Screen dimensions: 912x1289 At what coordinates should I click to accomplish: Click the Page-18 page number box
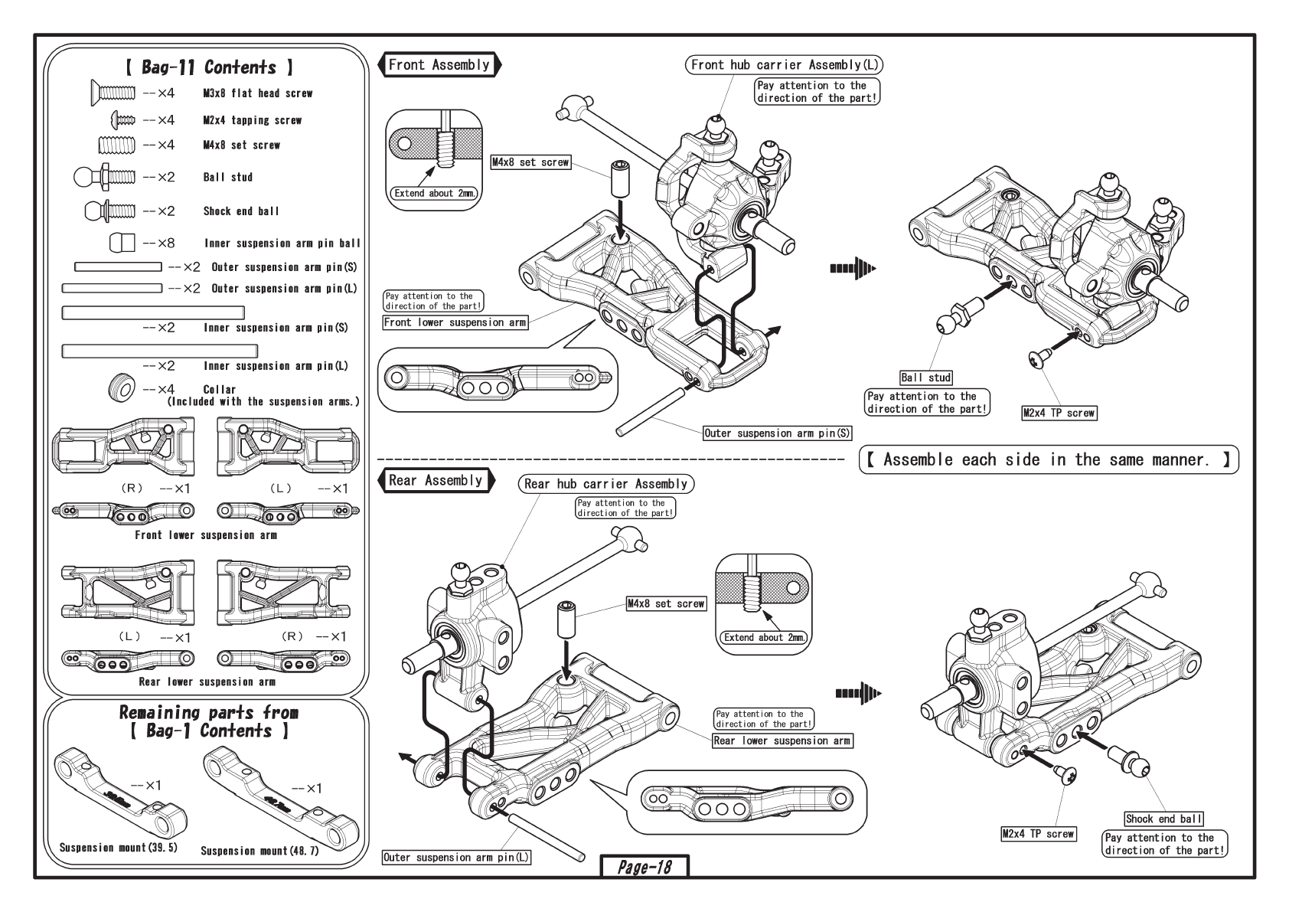[644, 867]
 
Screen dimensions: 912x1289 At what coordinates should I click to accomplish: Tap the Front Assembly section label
[439, 65]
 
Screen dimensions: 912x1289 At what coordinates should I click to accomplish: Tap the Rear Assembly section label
[436, 481]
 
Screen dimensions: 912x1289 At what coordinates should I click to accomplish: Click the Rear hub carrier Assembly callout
[606, 484]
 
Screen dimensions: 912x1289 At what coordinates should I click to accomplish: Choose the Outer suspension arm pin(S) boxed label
[778, 433]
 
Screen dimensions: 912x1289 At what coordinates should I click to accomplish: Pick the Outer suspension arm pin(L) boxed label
[457, 858]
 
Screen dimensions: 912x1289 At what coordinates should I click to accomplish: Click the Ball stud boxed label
[926, 378]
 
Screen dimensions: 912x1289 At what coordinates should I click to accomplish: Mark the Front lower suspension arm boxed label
[455, 323]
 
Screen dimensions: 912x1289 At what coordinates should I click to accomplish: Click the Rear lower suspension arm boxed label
[782, 740]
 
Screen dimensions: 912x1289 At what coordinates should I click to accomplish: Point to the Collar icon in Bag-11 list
[121, 387]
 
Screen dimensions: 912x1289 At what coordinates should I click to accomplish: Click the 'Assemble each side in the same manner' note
[1048, 460]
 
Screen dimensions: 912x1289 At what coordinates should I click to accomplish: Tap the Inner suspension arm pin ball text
[282, 244]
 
